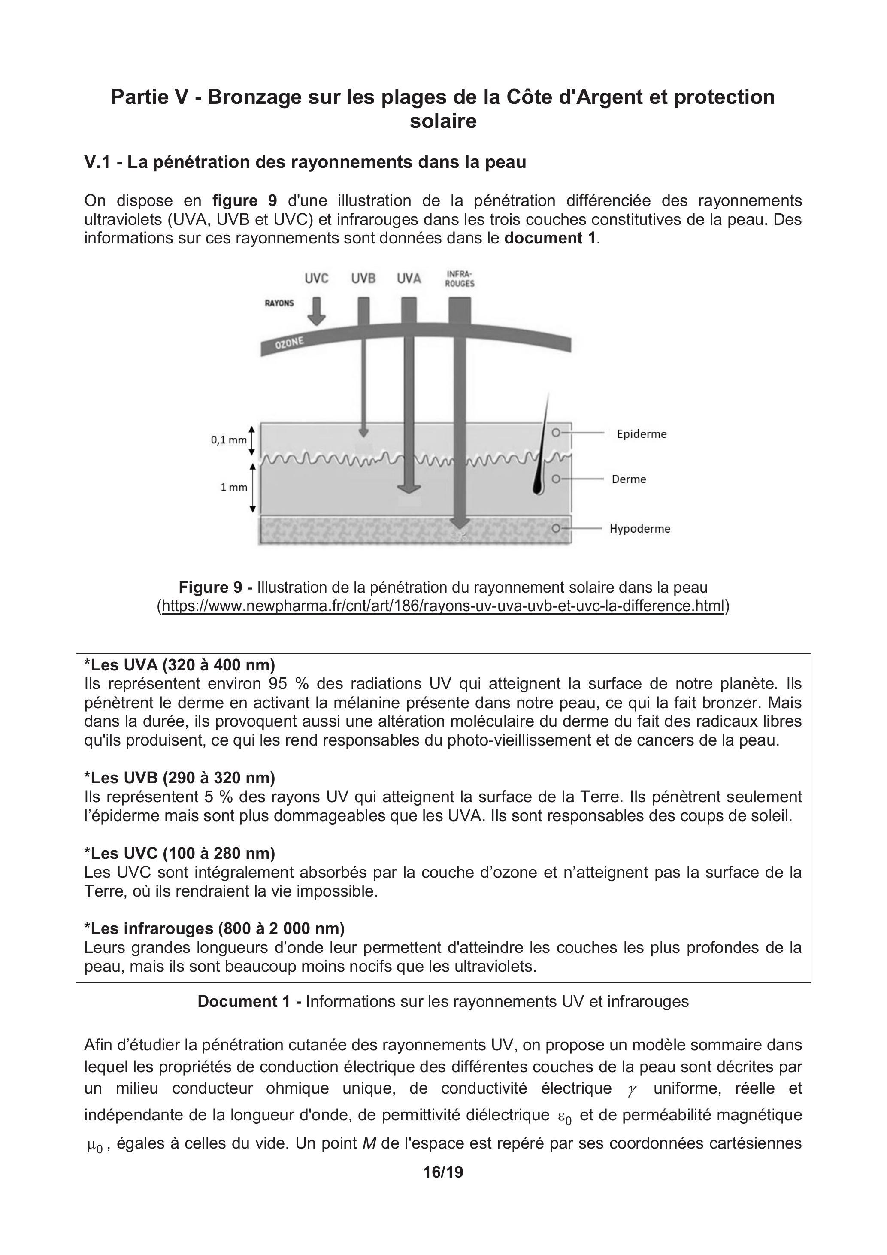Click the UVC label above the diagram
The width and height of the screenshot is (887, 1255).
tap(316, 278)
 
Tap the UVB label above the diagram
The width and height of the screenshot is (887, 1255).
tap(363, 278)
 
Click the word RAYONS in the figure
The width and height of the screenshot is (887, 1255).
tap(279, 303)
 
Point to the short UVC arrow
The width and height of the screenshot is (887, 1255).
tap(316, 312)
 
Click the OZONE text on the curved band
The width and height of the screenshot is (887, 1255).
tap(290, 343)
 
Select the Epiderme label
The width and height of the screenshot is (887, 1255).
tap(642, 434)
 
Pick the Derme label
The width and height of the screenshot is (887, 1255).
tap(629, 479)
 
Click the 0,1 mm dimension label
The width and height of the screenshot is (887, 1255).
tap(228, 440)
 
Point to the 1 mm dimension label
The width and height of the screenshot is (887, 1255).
tap(234, 488)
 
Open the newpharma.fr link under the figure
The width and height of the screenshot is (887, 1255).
tap(443, 606)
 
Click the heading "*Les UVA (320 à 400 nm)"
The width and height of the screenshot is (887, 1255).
tap(180, 665)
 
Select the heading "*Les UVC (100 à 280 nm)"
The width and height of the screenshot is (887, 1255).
tap(180, 853)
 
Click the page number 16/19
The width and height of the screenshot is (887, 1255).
tap(443, 1172)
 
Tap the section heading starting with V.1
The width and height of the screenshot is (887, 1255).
tap(305, 162)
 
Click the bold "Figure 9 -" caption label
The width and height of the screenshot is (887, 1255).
tap(215, 588)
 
